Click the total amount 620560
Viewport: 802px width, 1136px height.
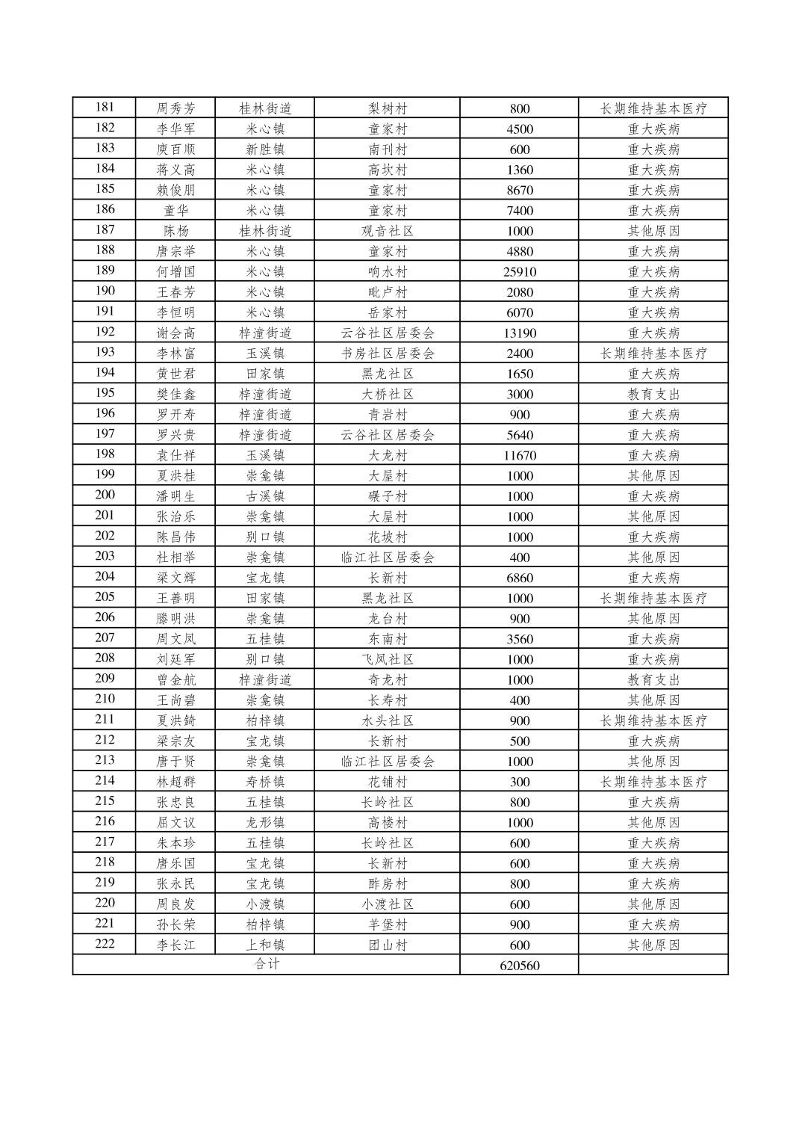(519, 966)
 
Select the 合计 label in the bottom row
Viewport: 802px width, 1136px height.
(267, 964)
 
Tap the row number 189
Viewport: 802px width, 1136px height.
(105, 271)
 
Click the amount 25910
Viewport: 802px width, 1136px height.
(519, 272)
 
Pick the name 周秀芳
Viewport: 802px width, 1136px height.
(175, 108)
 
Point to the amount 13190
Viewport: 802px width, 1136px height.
(519, 333)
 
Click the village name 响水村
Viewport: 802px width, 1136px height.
(388, 272)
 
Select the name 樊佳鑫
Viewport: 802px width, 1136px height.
(175, 395)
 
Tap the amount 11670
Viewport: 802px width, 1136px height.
(519, 456)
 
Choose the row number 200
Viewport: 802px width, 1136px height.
(105, 496)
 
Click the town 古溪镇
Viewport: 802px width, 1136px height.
(265, 496)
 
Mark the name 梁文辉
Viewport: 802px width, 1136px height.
(175, 578)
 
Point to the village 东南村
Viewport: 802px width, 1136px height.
(388, 639)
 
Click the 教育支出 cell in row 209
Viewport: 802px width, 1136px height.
(653, 680)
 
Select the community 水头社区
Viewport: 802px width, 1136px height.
(388, 721)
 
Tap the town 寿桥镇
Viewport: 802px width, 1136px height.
(265, 782)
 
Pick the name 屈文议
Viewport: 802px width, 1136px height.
(175, 823)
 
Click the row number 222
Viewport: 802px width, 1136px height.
(105, 944)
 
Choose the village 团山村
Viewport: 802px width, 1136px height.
(388, 945)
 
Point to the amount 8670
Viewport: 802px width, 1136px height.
(519, 191)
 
